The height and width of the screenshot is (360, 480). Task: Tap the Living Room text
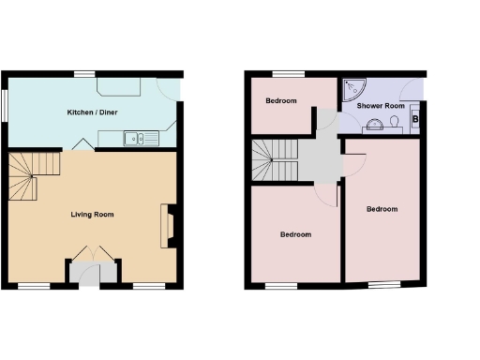[92, 215]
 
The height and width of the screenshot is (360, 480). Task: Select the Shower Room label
[381, 106]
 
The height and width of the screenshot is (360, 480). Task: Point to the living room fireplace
[168, 226]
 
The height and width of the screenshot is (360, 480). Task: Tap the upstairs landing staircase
[274, 159]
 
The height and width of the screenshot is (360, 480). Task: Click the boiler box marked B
[415, 118]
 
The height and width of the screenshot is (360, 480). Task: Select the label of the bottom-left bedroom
[295, 234]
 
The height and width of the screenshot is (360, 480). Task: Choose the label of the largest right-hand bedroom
[381, 208]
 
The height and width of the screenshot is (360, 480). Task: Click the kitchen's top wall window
[84, 73]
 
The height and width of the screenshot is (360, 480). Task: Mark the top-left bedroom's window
[288, 73]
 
